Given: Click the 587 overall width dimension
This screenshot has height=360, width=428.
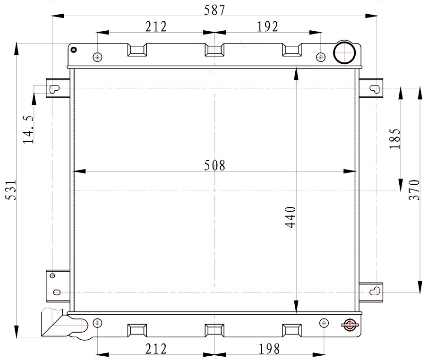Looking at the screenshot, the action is click(x=214, y=10).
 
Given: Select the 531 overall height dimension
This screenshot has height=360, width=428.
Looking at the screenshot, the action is click(x=11, y=190).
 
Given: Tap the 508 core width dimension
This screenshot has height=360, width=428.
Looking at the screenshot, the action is click(x=215, y=165).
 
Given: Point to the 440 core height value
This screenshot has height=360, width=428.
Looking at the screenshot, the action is click(x=291, y=217).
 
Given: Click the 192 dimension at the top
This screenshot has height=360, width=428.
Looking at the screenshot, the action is click(x=267, y=26).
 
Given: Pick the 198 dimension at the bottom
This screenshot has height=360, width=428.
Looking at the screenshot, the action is click(x=269, y=349).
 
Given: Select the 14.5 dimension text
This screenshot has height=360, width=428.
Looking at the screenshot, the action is click(x=28, y=129).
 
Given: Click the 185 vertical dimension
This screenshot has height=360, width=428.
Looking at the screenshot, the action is click(x=395, y=138).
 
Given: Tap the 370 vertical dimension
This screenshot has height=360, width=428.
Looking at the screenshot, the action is click(x=414, y=190).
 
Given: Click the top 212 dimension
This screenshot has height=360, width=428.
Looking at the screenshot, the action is click(x=156, y=26).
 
